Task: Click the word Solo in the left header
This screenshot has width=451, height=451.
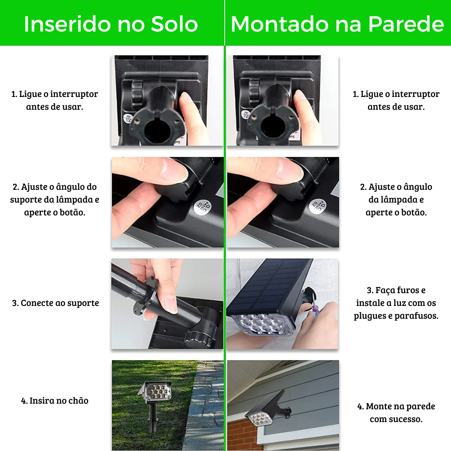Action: (175, 24)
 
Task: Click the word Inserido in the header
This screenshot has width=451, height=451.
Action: (67, 24)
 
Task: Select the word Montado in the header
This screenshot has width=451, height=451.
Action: (280, 24)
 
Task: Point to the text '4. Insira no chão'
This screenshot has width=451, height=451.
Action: (55, 400)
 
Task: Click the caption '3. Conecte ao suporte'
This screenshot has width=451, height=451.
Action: (56, 303)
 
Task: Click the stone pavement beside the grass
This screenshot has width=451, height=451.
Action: (206, 405)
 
